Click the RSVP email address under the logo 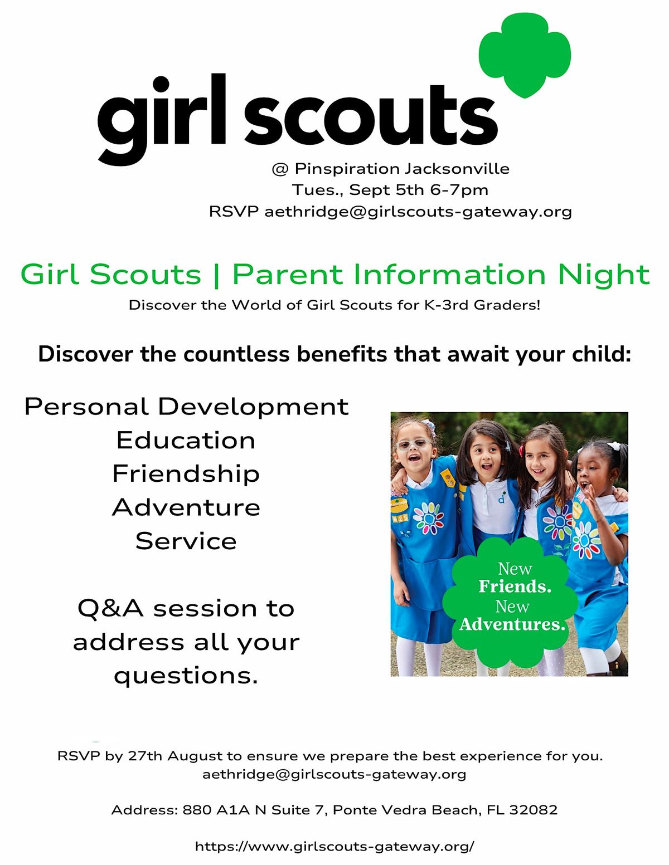[x=418, y=212]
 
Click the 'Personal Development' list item [x=186, y=407]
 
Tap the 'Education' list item [x=186, y=441]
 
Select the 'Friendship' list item [x=186, y=474]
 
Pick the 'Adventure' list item [x=186, y=507]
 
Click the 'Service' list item [x=186, y=541]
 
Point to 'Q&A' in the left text [x=110, y=608]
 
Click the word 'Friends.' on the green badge [x=515, y=587]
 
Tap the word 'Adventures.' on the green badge [x=512, y=624]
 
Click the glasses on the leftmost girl [x=413, y=444]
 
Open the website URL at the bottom [x=334, y=847]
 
